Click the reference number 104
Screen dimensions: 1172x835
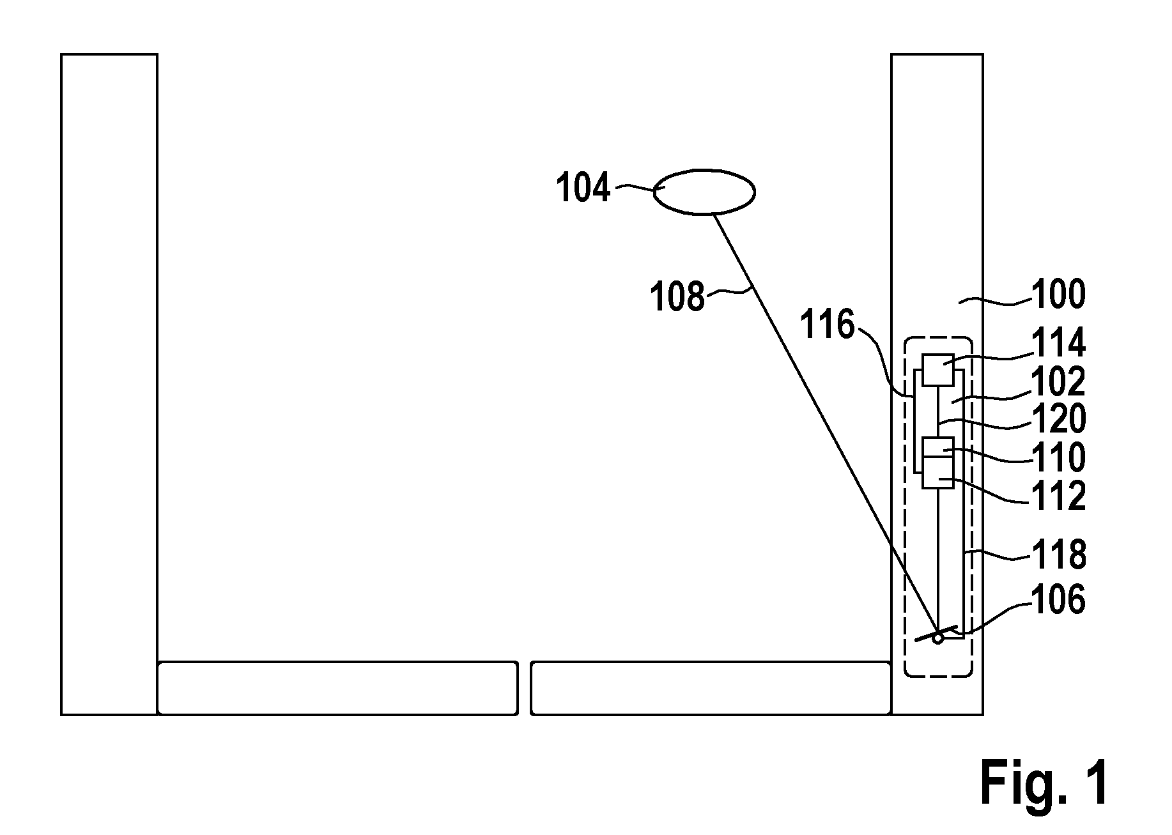(x=583, y=188)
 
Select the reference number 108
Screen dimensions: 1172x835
(x=677, y=297)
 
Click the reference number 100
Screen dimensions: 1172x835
(x=1059, y=295)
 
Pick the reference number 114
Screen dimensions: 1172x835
(x=1059, y=342)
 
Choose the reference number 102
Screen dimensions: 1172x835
(x=1059, y=382)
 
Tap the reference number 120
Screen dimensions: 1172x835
(x=1059, y=419)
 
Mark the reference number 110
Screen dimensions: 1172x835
(x=1059, y=457)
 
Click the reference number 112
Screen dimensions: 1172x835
(x=1059, y=496)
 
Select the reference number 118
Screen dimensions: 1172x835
(x=1059, y=555)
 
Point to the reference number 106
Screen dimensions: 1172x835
(x=1059, y=600)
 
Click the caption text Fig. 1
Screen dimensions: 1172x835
(x=1044, y=783)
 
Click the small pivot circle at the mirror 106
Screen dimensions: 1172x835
(x=937, y=638)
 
